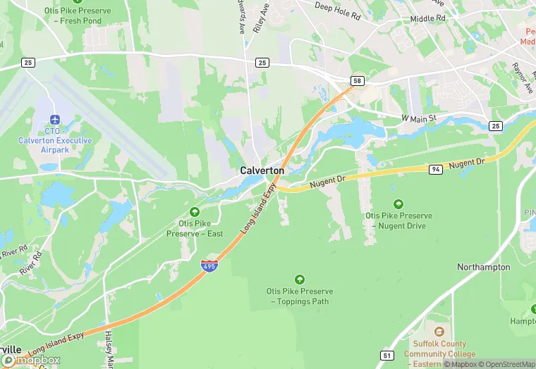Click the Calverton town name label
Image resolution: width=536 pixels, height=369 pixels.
click(x=262, y=170)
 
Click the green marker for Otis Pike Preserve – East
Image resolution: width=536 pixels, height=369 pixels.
click(x=195, y=211)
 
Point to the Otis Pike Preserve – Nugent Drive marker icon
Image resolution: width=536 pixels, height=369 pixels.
click(x=398, y=204)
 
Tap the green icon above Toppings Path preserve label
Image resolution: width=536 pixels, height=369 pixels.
click(x=300, y=280)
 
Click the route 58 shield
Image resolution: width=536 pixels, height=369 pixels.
click(x=358, y=81)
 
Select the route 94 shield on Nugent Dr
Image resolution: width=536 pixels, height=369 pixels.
click(x=437, y=169)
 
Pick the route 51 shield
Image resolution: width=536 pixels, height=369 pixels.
click(x=386, y=355)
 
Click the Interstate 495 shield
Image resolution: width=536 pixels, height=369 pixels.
click(x=209, y=265)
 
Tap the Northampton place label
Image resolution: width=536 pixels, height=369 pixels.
click(x=483, y=268)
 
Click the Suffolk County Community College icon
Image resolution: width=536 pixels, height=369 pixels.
click(x=439, y=332)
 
